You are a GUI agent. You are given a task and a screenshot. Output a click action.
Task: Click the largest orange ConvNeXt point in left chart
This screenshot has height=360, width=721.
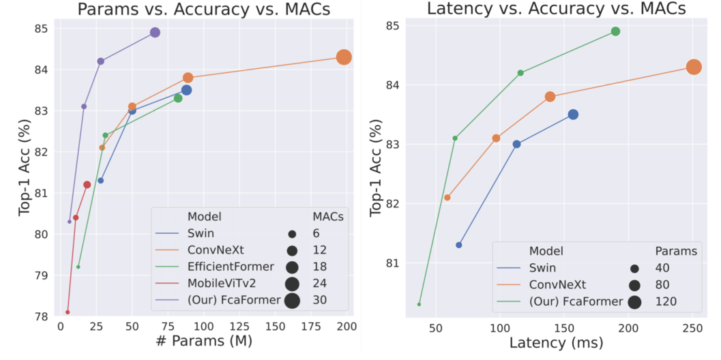tap(344, 57)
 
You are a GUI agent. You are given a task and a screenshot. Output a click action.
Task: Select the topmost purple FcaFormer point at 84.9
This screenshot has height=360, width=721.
tap(155, 33)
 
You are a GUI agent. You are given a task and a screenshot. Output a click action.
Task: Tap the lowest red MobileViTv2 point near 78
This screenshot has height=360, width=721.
tap(68, 312)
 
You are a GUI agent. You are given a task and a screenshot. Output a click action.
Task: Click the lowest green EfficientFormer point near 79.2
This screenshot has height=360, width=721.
tap(78, 267)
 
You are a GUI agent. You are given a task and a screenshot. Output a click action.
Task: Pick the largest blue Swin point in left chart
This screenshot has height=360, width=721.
tap(186, 90)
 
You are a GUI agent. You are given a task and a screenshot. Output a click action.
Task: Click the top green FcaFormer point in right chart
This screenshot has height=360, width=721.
tap(615, 31)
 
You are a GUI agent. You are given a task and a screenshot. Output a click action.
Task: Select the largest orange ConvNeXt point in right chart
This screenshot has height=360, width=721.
tap(694, 67)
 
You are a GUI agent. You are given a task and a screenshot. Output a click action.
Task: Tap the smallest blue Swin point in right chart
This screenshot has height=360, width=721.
tap(459, 245)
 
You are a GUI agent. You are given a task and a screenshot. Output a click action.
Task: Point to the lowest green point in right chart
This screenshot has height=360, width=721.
tap(419, 304)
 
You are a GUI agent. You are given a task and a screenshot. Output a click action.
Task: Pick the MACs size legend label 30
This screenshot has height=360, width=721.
tap(321, 301)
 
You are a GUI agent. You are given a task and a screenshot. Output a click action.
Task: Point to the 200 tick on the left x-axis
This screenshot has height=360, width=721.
tap(347, 329)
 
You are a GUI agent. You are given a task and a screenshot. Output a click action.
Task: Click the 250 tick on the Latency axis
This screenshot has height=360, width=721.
tap(692, 329)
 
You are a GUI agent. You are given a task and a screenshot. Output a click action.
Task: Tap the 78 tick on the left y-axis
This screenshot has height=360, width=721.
tap(42, 316)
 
